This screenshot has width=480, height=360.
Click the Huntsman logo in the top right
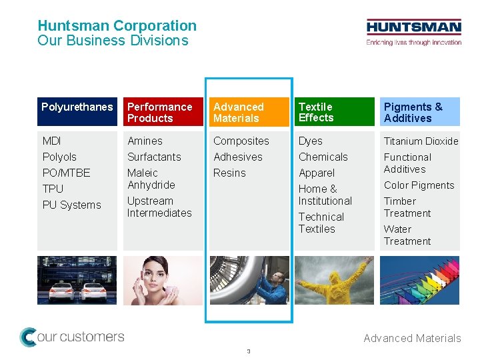[x=413, y=32]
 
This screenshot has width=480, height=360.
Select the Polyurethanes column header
[x=77, y=112]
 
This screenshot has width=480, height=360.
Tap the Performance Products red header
[x=163, y=112]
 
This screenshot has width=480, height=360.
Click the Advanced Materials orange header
[x=249, y=112]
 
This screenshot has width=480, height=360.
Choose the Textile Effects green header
[x=335, y=112]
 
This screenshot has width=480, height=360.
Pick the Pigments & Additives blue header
[x=420, y=112]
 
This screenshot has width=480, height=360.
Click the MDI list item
[x=52, y=141]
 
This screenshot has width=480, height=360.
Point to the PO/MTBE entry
[x=66, y=173]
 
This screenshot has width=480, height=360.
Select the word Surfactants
[x=154, y=157]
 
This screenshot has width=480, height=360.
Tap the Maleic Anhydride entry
[x=151, y=179]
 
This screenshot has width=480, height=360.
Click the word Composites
[x=241, y=141]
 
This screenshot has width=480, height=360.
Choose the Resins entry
[x=229, y=173]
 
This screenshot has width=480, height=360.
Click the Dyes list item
[x=311, y=141]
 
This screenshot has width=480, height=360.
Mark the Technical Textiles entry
[x=321, y=223]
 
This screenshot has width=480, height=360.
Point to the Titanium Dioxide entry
[x=421, y=141]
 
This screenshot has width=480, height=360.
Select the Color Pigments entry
[x=419, y=185]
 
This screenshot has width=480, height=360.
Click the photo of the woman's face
[x=163, y=280]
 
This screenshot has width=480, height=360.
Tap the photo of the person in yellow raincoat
[x=335, y=280]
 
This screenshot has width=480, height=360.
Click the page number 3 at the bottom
[x=248, y=351]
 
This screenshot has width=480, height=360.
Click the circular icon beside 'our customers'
[x=28, y=337]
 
